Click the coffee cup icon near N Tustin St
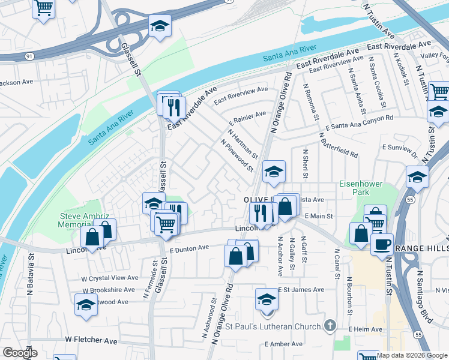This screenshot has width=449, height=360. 382,244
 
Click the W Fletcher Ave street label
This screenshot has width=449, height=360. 91,340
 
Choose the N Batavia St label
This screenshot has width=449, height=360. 30,278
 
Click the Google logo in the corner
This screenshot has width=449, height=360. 20,353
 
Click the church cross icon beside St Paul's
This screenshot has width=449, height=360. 329,326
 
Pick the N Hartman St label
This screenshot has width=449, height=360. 243,144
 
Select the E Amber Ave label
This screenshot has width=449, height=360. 283,344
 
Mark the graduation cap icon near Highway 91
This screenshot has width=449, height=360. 160,26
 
